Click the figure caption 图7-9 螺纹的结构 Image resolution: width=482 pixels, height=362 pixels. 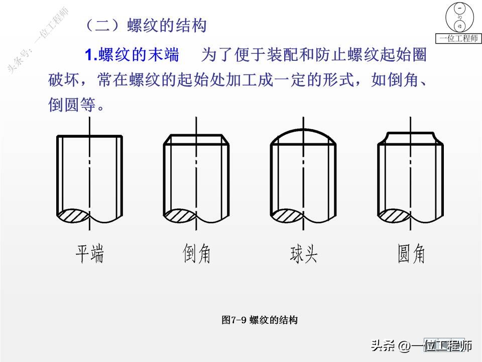260,320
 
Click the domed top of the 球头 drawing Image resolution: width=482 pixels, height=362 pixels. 303,132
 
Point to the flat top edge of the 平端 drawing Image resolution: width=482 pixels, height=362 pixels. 90,136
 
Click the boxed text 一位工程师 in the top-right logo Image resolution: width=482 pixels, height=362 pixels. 458,39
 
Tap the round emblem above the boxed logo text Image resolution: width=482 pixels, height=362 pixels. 458,17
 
